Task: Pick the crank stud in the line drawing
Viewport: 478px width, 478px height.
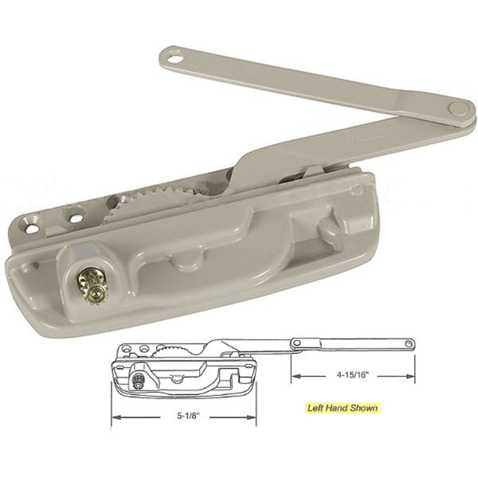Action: [x=140, y=378]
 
